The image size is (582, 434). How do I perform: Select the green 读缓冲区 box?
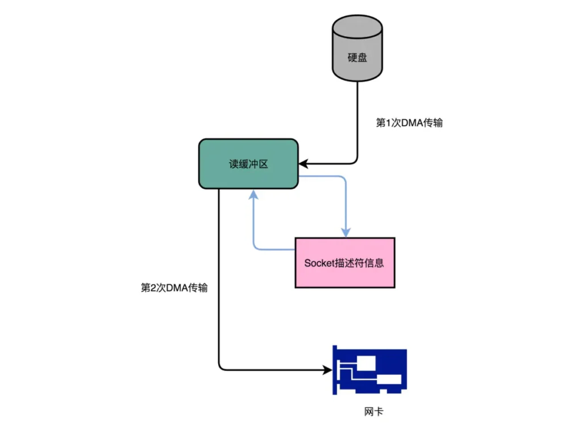pyautogui.click(x=248, y=164)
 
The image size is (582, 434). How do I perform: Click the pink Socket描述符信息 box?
pyautogui.click(x=344, y=262)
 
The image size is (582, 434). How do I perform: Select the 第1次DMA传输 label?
pyautogui.click(x=410, y=123)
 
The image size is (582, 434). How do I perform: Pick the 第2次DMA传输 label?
pyautogui.click(x=174, y=287)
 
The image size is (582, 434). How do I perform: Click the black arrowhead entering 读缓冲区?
pyautogui.click(x=303, y=164)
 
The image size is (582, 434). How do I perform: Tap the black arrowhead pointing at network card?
pyautogui.click(x=328, y=370)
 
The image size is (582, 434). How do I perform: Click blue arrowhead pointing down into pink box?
pyautogui.click(x=345, y=232)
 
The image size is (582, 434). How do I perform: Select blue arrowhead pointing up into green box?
pyautogui.click(x=253, y=194)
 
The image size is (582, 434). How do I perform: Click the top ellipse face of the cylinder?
pyautogui.click(x=357, y=25)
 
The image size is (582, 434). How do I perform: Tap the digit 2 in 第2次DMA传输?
pyautogui.click(x=154, y=287)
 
